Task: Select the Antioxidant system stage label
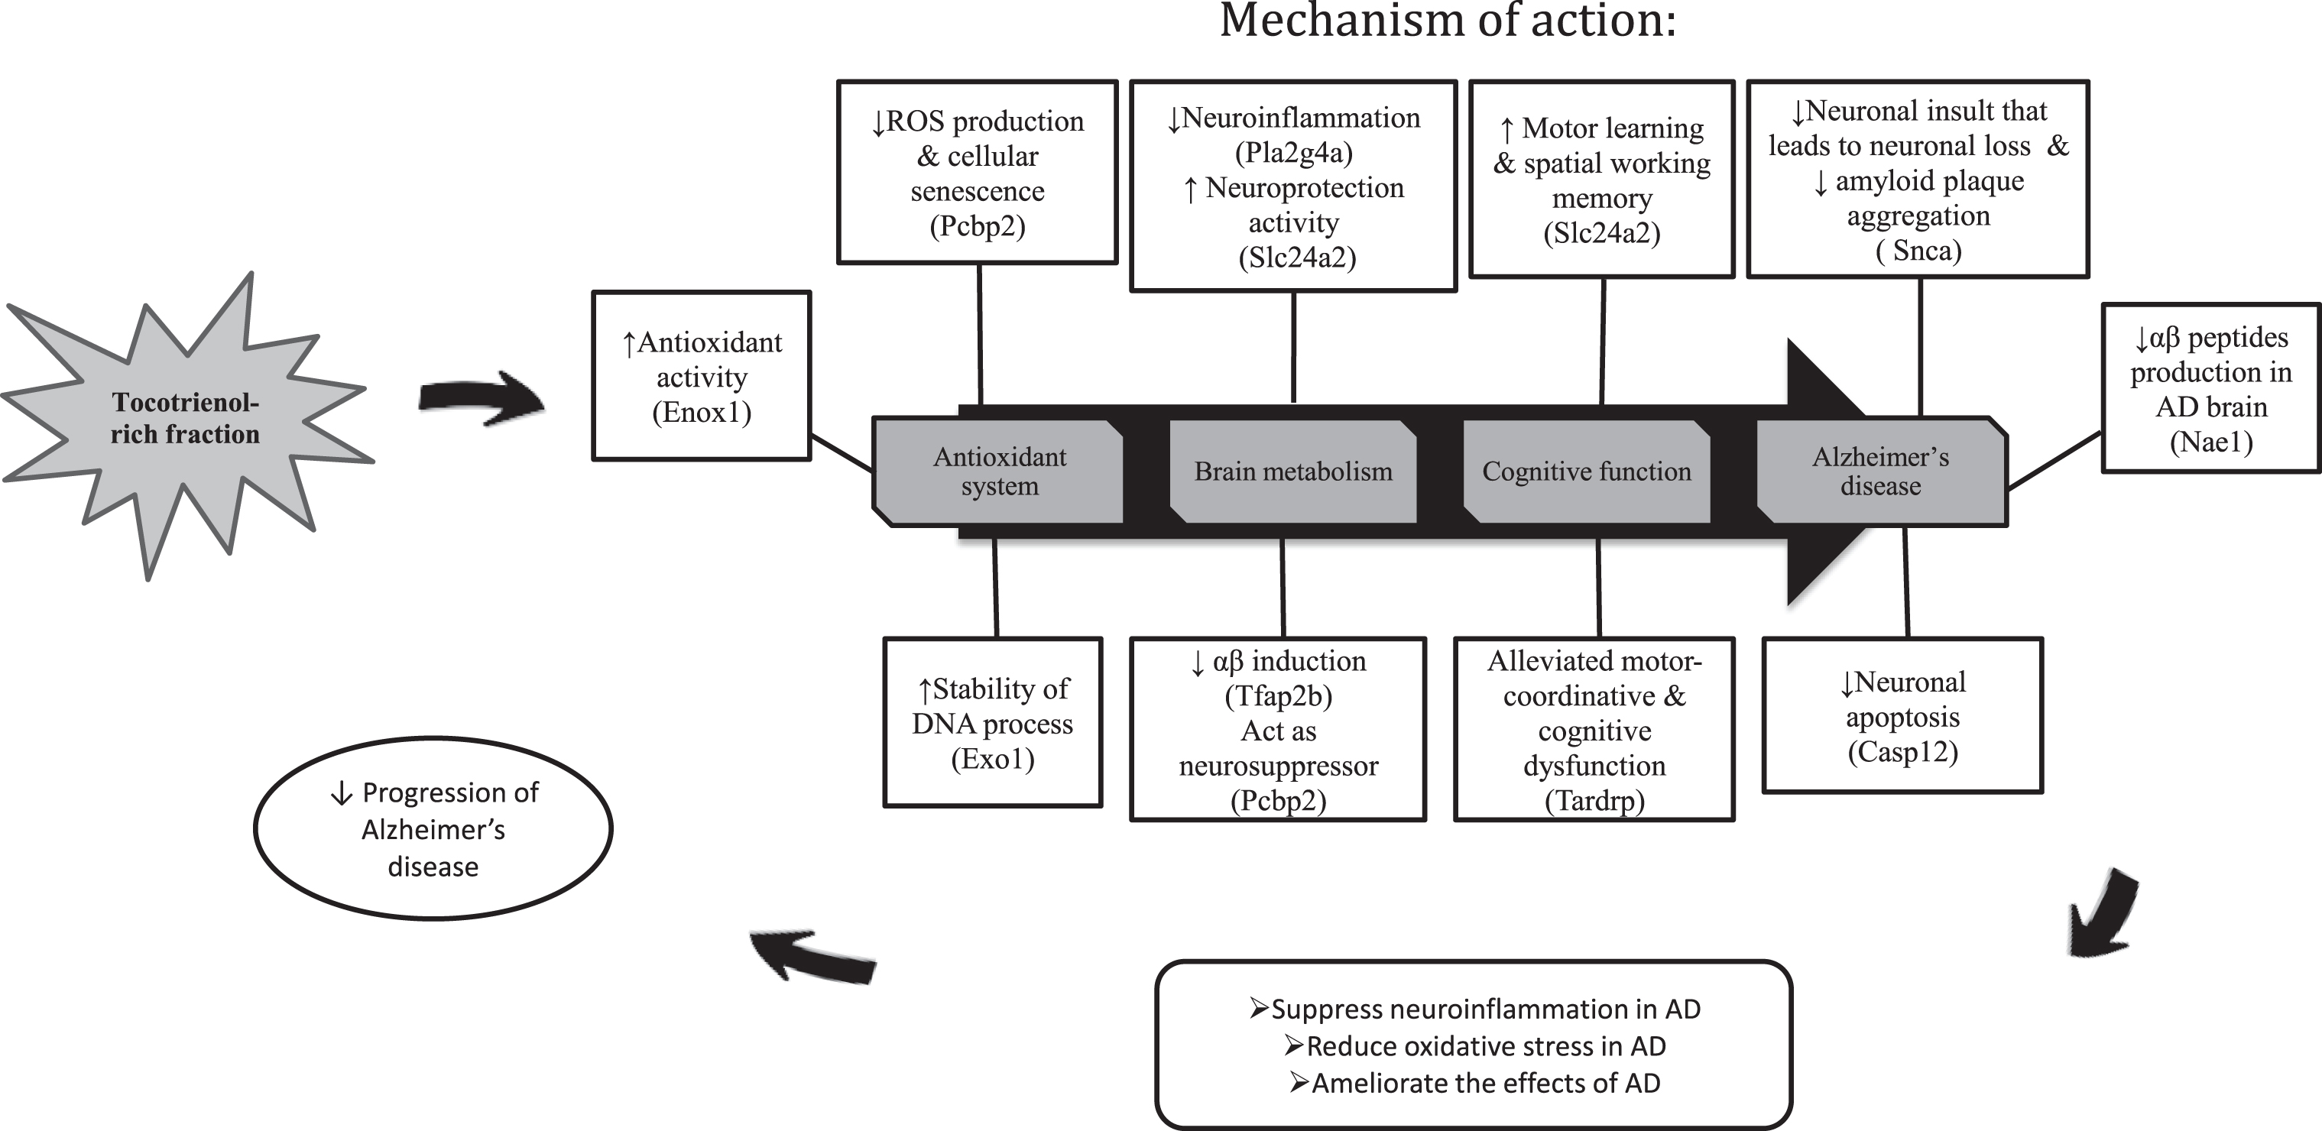point(999,472)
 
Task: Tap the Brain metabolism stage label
point(1293,472)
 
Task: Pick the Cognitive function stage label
point(1587,472)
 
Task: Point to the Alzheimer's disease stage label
point(1880,472)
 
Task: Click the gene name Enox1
point(702,413)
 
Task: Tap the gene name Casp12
point(1903,752)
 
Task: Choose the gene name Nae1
point(2211,442)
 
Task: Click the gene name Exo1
point(992,759)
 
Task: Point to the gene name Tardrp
point(1594,800)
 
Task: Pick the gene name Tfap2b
point(1278,695)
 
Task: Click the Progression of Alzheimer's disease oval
point(433,829)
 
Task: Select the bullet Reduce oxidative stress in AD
point(1474,1046)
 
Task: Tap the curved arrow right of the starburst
point(482,398)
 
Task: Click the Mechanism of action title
point(1448,20)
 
